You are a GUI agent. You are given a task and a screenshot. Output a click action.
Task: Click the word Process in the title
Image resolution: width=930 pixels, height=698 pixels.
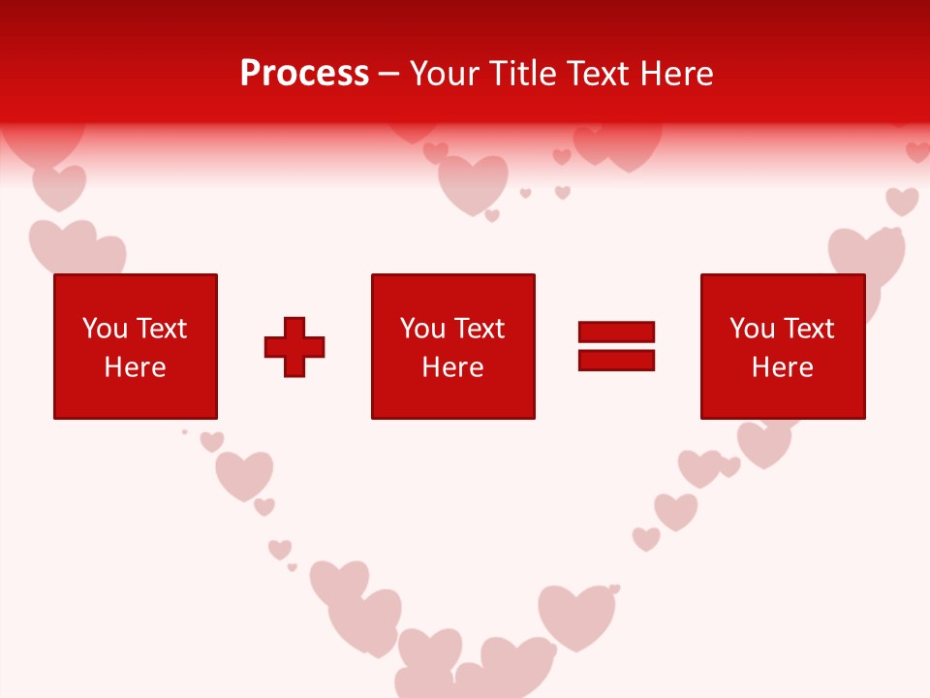(304, 74)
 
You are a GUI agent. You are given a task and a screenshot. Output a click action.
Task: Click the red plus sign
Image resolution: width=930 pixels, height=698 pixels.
(294, 346)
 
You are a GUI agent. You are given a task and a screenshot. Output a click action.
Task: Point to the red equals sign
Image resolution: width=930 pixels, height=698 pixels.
(616, 346)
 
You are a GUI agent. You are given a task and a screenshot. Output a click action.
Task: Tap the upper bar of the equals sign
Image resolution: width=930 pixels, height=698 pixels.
(616, 333)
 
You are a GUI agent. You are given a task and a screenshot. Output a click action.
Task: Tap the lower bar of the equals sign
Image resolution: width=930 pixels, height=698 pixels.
(616, 360)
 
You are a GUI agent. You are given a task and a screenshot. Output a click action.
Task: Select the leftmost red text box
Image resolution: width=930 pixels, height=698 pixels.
(135, 346)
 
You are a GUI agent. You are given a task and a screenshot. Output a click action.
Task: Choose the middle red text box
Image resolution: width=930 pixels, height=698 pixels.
(452, 346)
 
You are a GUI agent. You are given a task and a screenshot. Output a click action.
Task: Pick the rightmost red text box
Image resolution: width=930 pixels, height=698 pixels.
(782, 346)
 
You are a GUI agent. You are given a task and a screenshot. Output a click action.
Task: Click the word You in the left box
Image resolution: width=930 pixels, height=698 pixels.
(105, 329)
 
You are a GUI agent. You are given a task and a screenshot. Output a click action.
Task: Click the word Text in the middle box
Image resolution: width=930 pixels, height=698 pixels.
(479, 329)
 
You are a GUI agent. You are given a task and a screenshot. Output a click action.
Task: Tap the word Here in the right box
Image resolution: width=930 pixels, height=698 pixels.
(782, 367)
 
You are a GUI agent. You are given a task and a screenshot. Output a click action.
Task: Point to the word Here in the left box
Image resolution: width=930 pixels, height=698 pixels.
(135, 367)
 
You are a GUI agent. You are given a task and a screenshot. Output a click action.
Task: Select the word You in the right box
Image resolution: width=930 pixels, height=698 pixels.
(752, 329)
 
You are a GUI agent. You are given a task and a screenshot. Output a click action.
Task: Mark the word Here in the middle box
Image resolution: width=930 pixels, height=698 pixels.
(452, 367)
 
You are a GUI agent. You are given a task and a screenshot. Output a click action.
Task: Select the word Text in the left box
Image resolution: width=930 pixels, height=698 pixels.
(161, 329)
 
